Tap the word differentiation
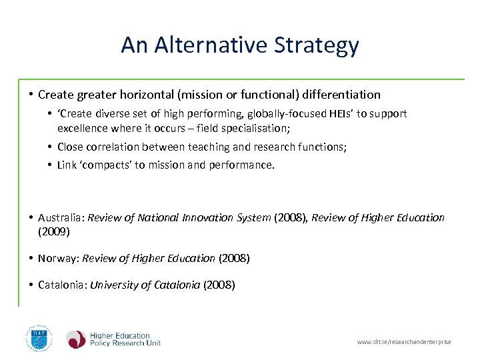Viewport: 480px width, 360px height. pyautogui.click(x=341, y=95)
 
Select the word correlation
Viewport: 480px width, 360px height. pyautogui.click(x=113, y=147)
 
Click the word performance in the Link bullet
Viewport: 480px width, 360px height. pyautogui.click(x=242, y=165)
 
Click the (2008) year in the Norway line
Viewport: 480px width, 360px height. pyautogui.click(x=234, y=258)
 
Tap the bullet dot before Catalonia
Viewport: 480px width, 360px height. pyautogui.click(x=31, y=285)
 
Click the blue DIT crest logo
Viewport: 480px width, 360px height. pyautogui.click(x=38, y=338)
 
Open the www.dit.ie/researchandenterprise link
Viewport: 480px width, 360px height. pyautogui.click(x=404, y=342)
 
